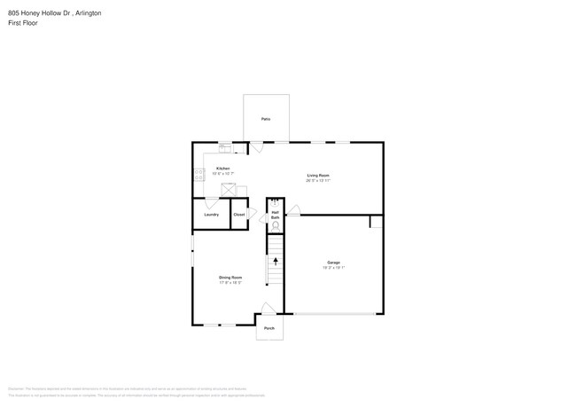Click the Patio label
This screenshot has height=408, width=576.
coord(266,119)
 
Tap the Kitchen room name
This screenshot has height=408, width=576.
coord(223,169)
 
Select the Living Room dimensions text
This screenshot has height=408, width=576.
coord(318,180)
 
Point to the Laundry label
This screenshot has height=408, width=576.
coord(212,215)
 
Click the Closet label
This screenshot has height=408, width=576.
coord(239,215)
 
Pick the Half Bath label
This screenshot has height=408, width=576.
coord(276,215)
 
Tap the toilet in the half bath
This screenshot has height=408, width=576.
coord(276,226)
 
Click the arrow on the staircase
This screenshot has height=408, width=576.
coord(276,262)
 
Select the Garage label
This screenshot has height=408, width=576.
coord(333,263)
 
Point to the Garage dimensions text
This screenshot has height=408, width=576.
coord(333,267)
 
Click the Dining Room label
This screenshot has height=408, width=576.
coord(230,278)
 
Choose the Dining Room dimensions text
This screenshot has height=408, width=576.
coord(230,283)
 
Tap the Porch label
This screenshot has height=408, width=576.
coord(269,328)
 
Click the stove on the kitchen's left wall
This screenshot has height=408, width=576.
coord(199,175)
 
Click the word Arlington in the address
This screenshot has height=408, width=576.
coord(87,13)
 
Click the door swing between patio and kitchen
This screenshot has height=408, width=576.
coord(255,148)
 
